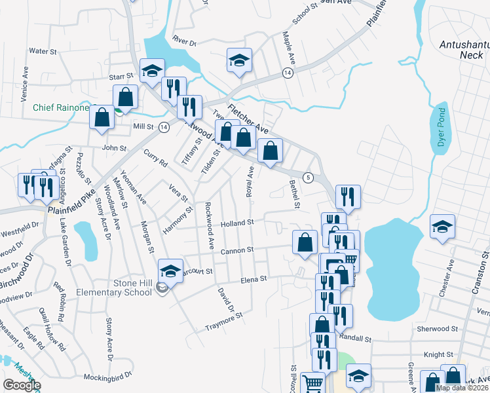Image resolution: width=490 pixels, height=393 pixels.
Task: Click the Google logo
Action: [22, 385]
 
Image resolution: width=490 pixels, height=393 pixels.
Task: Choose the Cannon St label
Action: [237, 250]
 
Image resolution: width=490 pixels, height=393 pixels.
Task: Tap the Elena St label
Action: [254, 278]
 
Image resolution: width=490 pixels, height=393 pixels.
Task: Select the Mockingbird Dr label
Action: [108, 377]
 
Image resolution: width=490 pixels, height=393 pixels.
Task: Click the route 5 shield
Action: [308, 178]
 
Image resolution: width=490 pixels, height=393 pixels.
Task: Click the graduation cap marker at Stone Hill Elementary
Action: [170, 270]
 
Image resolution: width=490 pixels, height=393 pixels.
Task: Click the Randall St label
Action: [356, 339]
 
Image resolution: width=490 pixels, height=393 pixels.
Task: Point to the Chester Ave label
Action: [450, 276]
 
